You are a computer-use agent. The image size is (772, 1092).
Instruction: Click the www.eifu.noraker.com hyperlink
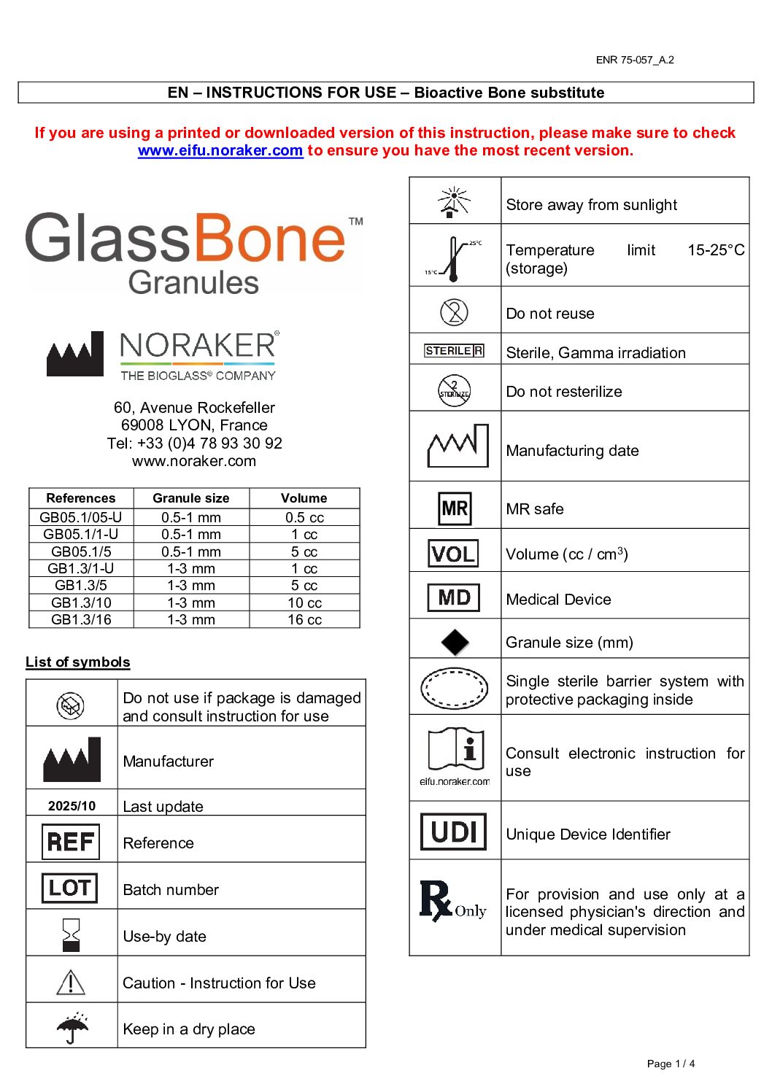(220, 150)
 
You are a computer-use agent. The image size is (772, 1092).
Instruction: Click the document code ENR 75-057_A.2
(635, 60)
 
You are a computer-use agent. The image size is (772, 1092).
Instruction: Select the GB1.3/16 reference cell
(81, 619)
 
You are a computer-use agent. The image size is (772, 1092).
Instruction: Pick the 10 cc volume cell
(304, 603)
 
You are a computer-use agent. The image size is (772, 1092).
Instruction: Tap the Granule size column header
(191, 498)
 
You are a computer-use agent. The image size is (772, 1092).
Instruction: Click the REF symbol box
(71, 842)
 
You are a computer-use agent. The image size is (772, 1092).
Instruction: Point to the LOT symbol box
(70, 888)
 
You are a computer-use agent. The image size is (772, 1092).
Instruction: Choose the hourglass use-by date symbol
(71, 934)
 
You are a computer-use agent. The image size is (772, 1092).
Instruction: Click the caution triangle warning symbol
(71, 982)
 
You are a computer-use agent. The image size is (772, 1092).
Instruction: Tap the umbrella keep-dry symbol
(72, 1027)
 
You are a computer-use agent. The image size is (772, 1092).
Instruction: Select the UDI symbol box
(454, 832)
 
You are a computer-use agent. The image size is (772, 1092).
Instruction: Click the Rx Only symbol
(452, 902)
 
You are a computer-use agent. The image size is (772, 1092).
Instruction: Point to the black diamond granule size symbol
(455, 642)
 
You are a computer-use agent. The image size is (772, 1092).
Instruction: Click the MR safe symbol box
(455, 508)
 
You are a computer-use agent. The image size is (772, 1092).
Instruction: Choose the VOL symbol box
(453, 554)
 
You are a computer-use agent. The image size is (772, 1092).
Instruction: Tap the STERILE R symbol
(454, 351)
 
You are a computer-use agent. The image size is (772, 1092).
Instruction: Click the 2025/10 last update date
(72, 806)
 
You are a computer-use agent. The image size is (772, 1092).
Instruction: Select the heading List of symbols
(78, 662)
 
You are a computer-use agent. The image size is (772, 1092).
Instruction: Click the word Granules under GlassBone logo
(193, 282)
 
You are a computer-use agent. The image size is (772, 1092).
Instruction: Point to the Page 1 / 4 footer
(671, 1064)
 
